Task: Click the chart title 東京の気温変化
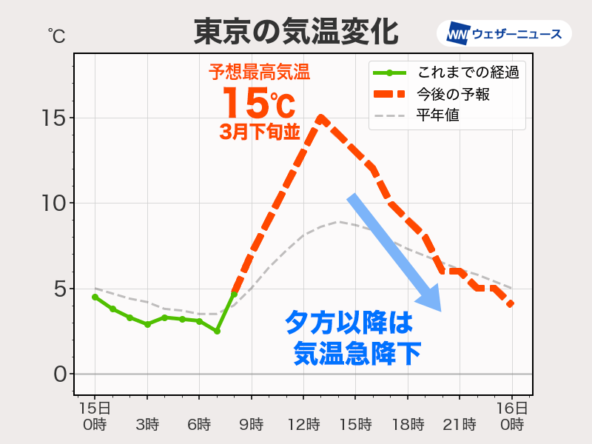(296, 32)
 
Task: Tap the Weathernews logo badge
(504, 33)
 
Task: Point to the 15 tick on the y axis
(54, 118)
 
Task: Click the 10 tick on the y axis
(54, 203)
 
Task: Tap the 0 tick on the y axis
(59, 374)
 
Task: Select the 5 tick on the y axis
(59, 289)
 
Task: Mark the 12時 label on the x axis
(303, 425)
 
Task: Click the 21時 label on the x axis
(460, 425)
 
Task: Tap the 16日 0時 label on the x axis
(511, 417)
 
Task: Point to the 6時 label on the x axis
(199, 425)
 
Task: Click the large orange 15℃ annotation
(258, 103)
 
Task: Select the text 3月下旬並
(259, 132)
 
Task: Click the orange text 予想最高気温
(258, 73)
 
